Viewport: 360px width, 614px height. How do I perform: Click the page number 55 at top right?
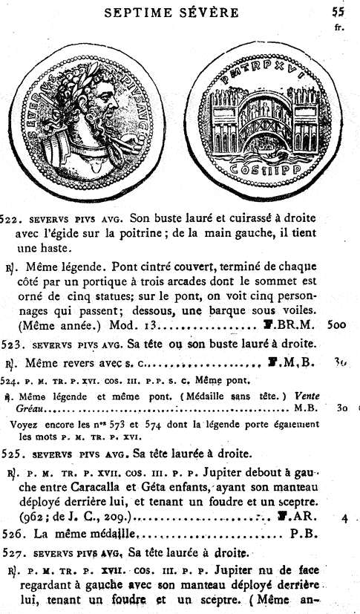tap(338, 12)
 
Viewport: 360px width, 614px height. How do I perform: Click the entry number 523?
tap(14, 343)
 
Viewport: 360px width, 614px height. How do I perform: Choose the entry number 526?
tap(14, 532)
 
